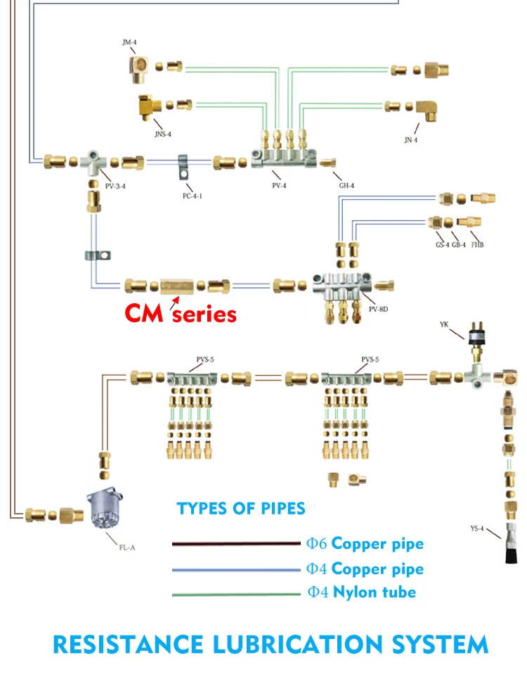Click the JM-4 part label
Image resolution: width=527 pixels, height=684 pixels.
pos(129,42)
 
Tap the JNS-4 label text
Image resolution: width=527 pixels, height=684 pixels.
pos(163,134)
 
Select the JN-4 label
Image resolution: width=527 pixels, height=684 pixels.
pos(411,139)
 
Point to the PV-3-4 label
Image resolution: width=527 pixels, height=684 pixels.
pos(115,186)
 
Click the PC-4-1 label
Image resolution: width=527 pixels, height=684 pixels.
pos(192,196)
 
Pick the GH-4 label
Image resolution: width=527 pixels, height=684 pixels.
pos(346,185)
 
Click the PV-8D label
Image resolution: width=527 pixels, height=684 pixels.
pos(378,309)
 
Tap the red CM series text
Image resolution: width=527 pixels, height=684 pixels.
pos(181,313)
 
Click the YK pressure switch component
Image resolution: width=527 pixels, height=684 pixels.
pos(476,341)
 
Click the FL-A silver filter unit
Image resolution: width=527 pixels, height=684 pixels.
pos(105,508)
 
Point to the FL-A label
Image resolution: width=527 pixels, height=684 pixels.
pos(127,547)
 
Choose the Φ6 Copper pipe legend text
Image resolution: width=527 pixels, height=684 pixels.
pos(365,543)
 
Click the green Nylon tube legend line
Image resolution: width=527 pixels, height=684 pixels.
pos(236,594)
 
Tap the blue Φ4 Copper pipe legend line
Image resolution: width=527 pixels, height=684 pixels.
pos(236,570)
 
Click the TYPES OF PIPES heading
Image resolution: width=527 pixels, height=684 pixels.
pos(241,508)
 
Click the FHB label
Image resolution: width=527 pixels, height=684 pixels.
pos(477,245)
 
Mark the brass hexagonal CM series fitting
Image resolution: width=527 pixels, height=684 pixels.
pos(177,286)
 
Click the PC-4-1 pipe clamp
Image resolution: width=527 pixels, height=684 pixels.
pos(184,166)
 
